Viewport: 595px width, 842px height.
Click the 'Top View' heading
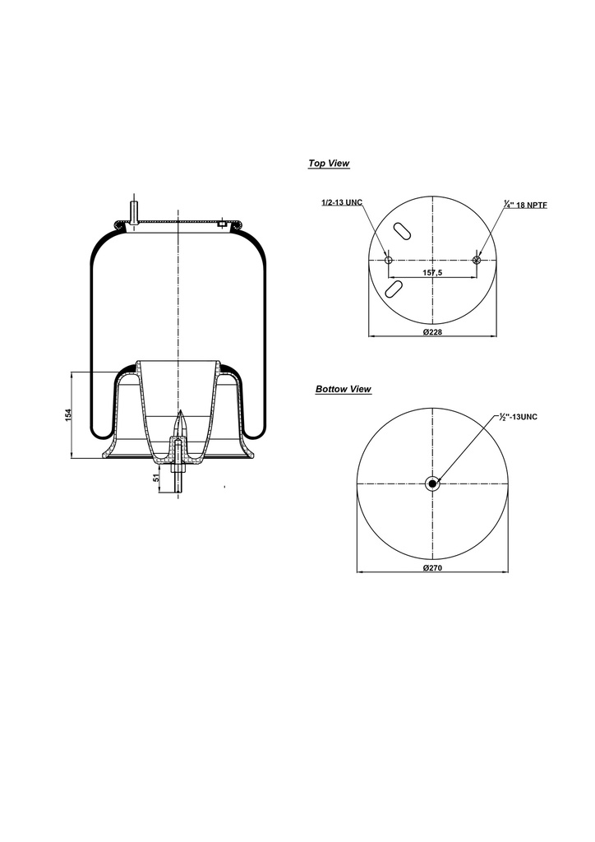(329, 164)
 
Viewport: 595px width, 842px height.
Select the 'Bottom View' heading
(344, 389)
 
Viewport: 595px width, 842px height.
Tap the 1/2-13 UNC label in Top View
(342, 202)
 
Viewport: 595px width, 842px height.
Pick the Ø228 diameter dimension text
(433, 331)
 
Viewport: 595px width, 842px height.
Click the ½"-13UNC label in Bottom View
(518, 417)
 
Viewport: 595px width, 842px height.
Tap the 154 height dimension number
(70, 415)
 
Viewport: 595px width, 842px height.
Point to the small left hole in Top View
(389, 260)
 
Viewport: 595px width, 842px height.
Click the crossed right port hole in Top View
(477, 260)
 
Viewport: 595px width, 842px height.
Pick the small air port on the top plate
(222, 222)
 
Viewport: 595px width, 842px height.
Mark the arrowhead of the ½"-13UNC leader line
(437, 479)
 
